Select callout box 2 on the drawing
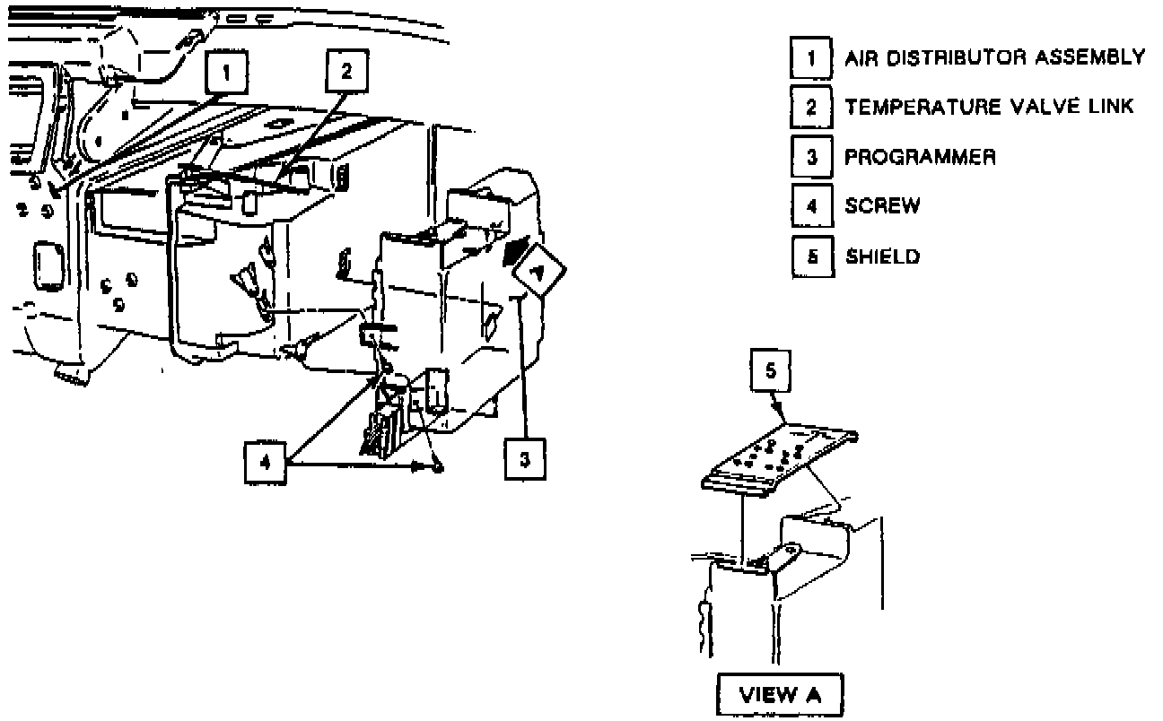click(346, 70)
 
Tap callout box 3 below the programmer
click(525, 459)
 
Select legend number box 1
click(811, 58)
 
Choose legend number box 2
click(811, 108)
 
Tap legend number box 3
click(811, 158)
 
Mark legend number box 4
click(811, 206)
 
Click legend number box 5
click(811, 257)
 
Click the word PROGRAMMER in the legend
click(920, 158)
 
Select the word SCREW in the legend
click(882, 206)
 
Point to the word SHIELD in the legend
click(883, 257)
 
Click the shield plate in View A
click(777, 460)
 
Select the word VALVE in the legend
click(1026, 108)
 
